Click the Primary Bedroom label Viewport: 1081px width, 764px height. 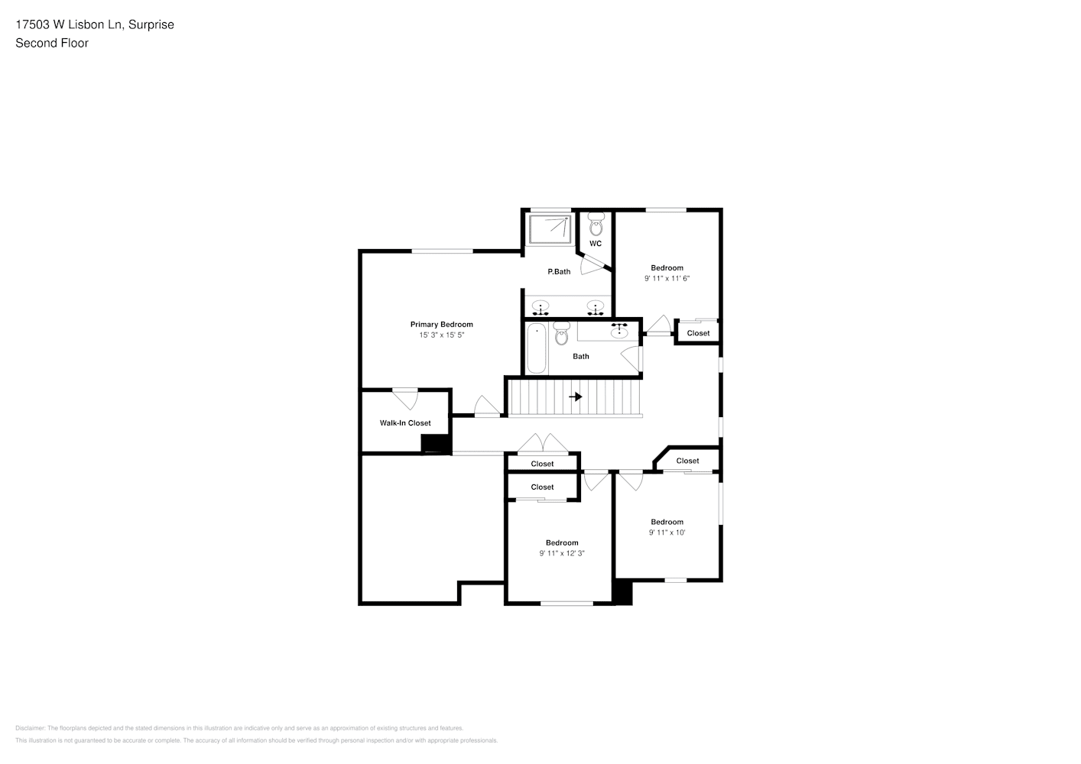(x=441, y=325)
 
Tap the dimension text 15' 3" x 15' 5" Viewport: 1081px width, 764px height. (x=441, y=335)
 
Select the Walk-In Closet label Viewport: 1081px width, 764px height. (x=405, y=423)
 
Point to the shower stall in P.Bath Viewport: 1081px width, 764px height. (x=549, y=228)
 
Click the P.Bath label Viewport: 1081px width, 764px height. (x=559, y=272)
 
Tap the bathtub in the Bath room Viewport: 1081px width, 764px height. (x=537, y=348)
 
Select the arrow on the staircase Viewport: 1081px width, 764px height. (x=576, y=397)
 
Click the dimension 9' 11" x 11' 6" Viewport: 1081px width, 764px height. (x=667, y=279)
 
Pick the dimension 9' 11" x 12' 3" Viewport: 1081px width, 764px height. (x=562, y=554)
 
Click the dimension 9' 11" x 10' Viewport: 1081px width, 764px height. (x=667, y=533)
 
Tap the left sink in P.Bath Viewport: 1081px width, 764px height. (x=541, y=307)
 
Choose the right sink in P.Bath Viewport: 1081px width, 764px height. (x=596, y=307)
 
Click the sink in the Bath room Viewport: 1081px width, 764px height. (x=619, y=332)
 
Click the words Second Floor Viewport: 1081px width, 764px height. (x=52, y=43)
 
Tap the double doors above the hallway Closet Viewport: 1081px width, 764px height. (x=541, y=444)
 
